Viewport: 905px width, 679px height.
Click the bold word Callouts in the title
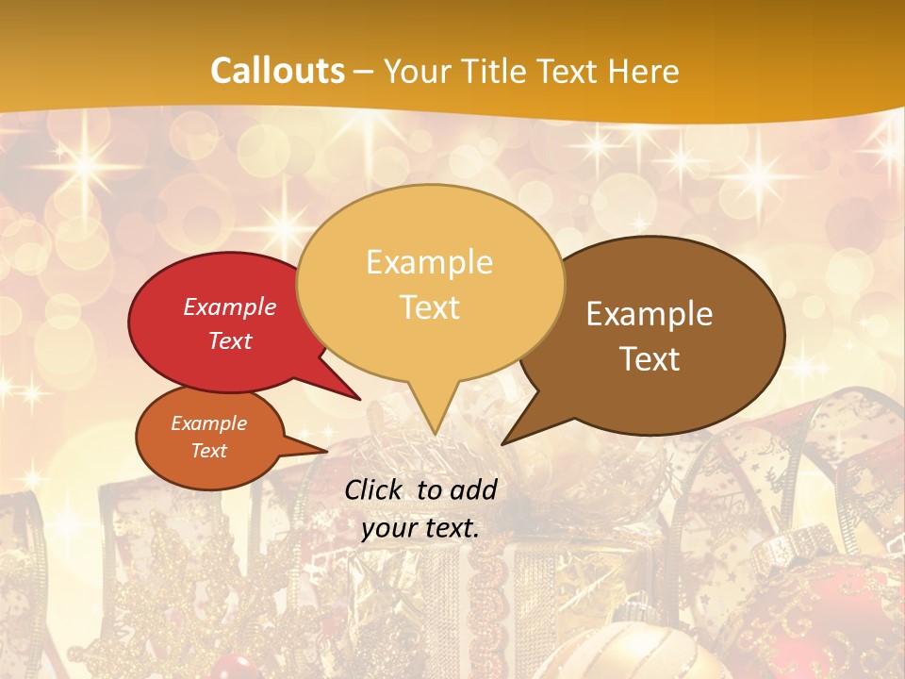point(277,71)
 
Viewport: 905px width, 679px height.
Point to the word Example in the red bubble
point(229,306)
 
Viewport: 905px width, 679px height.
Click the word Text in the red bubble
point(229,340)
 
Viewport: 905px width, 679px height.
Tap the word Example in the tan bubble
point(429,262)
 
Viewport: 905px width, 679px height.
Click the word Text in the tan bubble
point(430,306)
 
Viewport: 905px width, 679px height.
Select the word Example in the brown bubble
point(650,314)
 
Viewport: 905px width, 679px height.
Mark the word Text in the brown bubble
point(650,358)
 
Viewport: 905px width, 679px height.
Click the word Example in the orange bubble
point(208,423)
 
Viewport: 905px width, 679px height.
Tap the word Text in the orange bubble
point(208,451)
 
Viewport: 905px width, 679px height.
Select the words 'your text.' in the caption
point(420,528)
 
